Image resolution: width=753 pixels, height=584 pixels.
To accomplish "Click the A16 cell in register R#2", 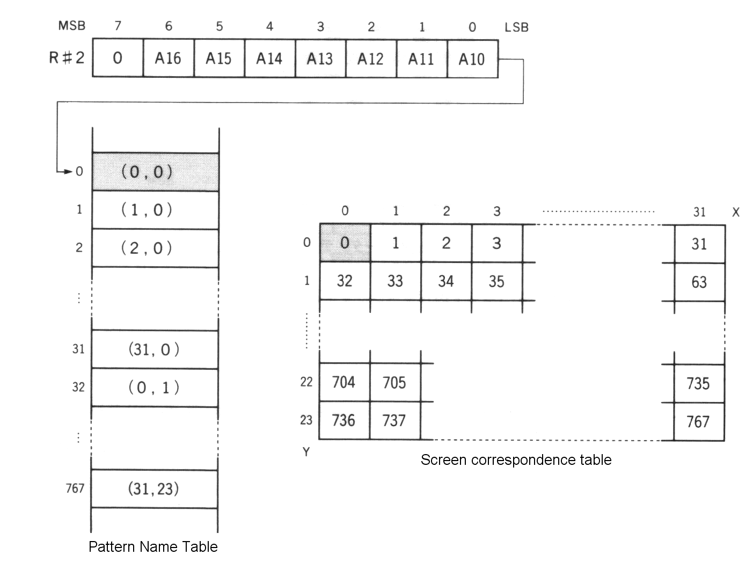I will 168,58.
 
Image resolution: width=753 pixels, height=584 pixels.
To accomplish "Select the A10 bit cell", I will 472,59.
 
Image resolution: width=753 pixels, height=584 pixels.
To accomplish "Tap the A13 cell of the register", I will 320,58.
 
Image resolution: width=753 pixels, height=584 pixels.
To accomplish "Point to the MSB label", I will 72,26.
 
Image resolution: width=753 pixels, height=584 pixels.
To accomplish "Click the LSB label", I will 516,27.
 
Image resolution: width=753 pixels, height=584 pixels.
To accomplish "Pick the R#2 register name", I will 67,57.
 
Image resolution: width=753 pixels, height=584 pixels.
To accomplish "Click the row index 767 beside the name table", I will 75,488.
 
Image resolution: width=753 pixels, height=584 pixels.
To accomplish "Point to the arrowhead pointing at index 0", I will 68,172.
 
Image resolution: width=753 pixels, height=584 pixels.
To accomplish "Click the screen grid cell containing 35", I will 496,281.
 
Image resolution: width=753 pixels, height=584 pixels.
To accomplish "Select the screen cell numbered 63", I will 699,282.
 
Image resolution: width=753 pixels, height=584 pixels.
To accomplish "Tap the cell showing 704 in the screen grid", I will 344,382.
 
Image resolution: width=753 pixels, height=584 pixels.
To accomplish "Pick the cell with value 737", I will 394,420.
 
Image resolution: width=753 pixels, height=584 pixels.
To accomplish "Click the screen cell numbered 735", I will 698,383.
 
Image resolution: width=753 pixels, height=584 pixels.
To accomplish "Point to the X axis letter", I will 736,212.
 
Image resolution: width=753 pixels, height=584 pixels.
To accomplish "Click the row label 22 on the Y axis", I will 306,382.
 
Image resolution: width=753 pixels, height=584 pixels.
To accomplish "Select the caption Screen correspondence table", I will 516,460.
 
